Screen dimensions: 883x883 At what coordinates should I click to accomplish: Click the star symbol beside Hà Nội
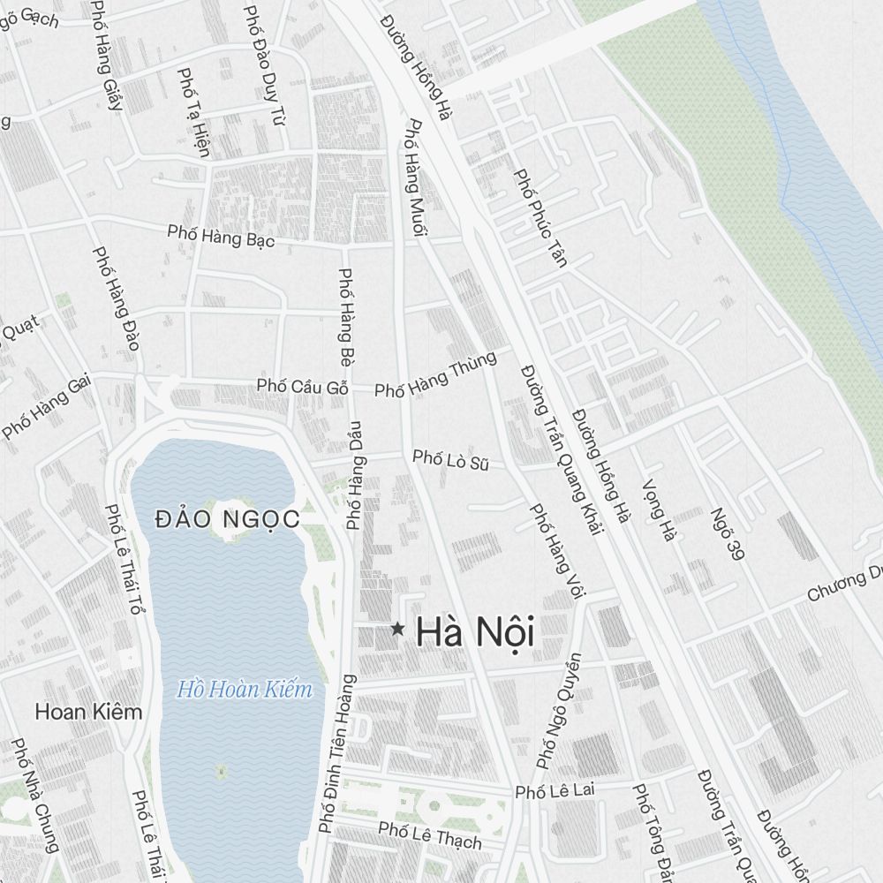(x=397, y=630)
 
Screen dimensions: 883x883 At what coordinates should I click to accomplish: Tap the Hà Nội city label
(x=475, y=632)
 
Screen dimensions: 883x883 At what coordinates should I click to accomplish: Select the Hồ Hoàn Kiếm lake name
(x=245, y=689)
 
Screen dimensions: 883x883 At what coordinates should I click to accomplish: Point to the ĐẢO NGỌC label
(x=227, y=519)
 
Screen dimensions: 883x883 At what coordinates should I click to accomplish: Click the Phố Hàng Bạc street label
(x=222, y=236)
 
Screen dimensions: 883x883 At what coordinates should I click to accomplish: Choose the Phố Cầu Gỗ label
(x=303, y=387)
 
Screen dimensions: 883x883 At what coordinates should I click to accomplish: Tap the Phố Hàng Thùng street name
(x=435, y=374)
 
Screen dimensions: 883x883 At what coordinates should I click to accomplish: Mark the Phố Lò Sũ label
(x=450, y=459)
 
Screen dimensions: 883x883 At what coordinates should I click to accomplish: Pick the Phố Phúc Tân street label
(x=540, y=217)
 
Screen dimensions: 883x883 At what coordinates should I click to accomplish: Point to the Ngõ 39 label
(x=723, y=535)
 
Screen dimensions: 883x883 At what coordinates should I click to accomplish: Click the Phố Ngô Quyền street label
(x=560, y=710)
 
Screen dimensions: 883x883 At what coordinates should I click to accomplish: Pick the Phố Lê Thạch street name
(x=430, y=834)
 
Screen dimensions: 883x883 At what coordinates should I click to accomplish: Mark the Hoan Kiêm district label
(x=88, y=712)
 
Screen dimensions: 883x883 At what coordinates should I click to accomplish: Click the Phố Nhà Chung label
(x=34, y=795)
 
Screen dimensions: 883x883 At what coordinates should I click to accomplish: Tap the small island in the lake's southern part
(x=221, y=773)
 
